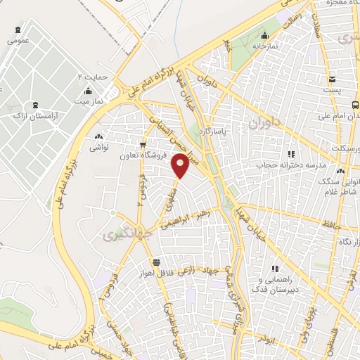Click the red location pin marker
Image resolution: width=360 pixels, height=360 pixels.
[x=181, y=165]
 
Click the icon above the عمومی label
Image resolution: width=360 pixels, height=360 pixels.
[x=18, y=30]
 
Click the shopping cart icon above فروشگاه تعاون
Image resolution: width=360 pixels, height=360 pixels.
[x=143, y=146]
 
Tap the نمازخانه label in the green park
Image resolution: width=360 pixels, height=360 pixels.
[x=264, y=46]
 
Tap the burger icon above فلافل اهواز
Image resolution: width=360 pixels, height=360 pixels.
[x=145, y=262]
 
